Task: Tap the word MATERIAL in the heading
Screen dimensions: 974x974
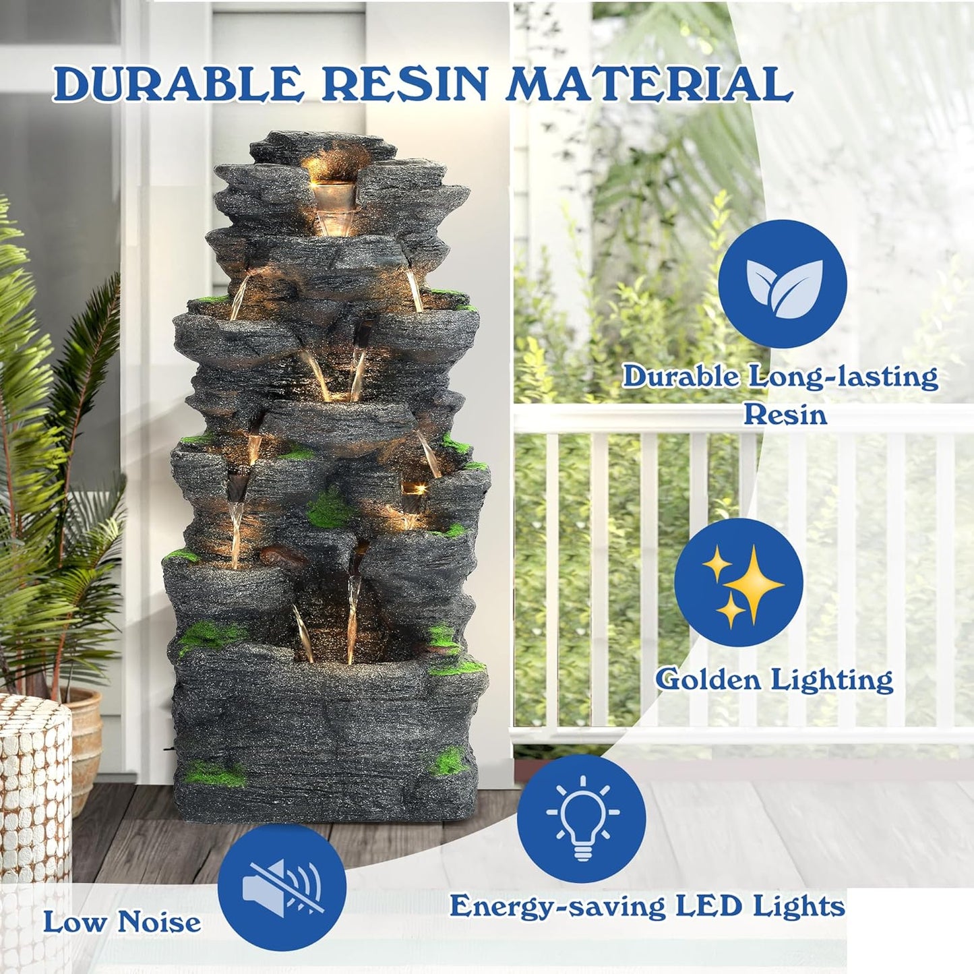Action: click(x=650, y=85)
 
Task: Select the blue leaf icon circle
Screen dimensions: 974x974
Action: click(x=783, y=283)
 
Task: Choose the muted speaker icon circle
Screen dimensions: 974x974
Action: click(x=282, y=888)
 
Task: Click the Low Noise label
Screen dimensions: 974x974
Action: click(x=122, y=922)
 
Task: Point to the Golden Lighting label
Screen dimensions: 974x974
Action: click(x=774, y=679)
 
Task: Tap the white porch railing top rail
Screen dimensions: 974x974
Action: click(x=741, y=418)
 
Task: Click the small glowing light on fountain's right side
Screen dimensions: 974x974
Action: click(x=412, y=487)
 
